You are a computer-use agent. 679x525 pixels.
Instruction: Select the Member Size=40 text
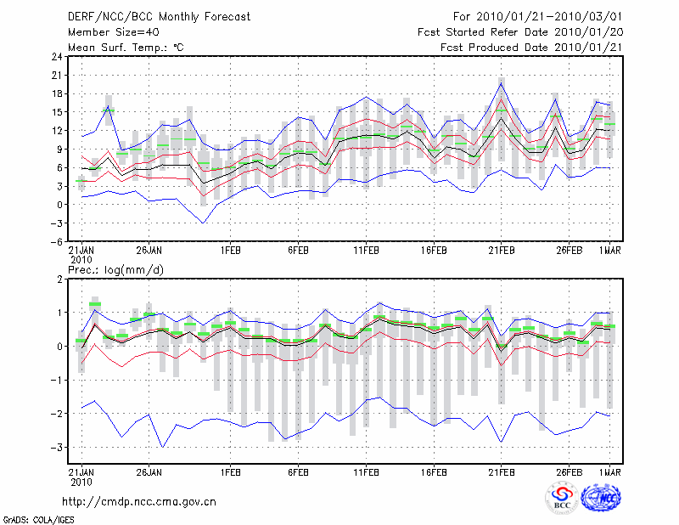click(109, 31)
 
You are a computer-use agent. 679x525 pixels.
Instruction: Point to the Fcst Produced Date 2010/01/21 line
click(531, 47)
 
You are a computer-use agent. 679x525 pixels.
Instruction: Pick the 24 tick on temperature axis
click(55, 57)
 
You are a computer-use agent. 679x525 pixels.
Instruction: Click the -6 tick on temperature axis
click(55, 241)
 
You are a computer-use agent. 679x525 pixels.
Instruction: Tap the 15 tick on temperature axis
click(55, 112)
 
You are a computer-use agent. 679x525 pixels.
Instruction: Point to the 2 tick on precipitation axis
click(58, 279)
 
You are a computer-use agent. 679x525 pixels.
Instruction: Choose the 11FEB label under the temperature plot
click(366, 251)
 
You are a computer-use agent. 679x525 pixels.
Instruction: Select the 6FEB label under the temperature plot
click(298, 251)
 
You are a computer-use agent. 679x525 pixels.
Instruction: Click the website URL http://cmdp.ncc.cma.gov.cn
click(140, 501)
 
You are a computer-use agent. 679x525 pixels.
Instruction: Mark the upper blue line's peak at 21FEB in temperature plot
click(502, 82)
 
